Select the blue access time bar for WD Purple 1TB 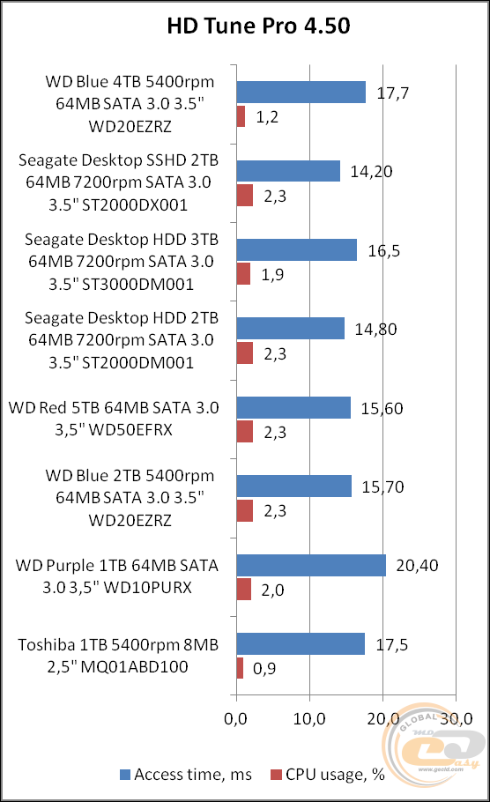pos(311,565)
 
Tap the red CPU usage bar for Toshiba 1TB pos(240,668)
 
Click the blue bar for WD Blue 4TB pos(301,92)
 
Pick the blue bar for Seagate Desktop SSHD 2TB pos(288,171)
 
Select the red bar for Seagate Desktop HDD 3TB pos(243,273)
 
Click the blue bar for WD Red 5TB pos(293,407)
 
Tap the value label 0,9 pos(265,669)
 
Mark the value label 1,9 pos(272,274)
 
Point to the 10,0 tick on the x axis pos(308,720)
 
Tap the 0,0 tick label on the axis pos(235,720)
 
